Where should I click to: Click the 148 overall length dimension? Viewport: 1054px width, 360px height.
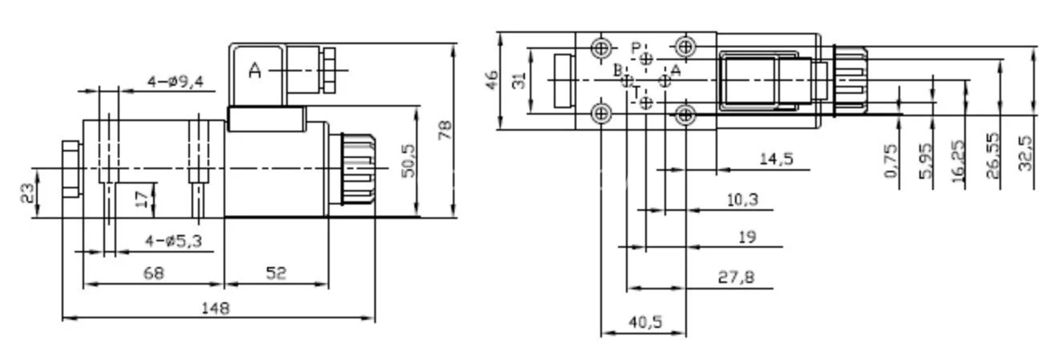click(215, 308)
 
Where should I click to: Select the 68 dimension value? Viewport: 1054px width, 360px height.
click(153, 273)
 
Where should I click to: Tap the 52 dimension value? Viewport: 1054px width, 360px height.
click(276, 273)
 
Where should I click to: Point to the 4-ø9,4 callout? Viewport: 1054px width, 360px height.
click(176, 81)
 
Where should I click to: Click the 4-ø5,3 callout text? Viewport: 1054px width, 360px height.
click(173, 241)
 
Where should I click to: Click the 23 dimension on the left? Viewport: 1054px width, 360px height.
click(28, 193)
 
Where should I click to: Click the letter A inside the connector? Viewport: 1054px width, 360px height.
click(255, 71)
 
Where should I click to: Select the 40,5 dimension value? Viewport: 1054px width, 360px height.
click(645, 322)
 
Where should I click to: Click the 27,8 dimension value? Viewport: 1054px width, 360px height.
click(736, 277)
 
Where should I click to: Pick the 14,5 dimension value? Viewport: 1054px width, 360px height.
click(776, 160)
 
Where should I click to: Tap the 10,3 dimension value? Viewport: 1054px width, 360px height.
click(742, 200)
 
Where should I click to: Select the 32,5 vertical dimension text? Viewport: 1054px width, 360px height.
click(1026, 152)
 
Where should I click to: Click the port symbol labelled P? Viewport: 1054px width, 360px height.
click(648, 59)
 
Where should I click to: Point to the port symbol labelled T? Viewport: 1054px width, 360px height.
click(648, 102)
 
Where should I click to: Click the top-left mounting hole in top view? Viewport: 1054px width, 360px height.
click(601, 47)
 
